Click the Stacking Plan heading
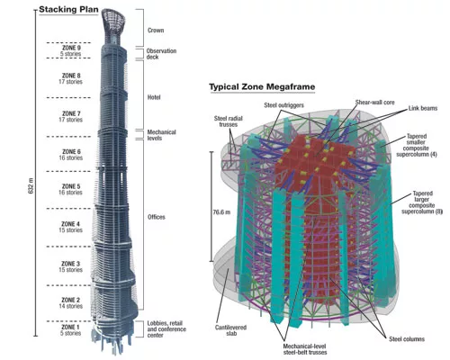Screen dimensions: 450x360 (68, 10)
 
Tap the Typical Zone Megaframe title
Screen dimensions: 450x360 (262, 87)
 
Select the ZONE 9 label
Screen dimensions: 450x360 (71, 48)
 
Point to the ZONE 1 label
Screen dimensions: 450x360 (71, 327)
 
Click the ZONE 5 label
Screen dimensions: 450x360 (71, 186)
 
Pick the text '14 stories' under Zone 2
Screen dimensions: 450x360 (71, 306)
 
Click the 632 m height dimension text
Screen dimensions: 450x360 (31, 185)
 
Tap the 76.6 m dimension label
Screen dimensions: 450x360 (221, 212)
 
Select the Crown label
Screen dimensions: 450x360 (156, 31)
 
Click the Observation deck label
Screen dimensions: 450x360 (161, 54)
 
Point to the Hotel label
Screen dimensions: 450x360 (154, 97)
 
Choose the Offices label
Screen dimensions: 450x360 (157, 217)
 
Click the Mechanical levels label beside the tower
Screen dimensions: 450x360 (161, 135)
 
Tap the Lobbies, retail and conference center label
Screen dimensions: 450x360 (166, 329)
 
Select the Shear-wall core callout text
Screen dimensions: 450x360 (375, 103)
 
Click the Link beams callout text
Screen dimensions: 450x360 (423, 108)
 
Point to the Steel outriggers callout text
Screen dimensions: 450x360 (284, 105)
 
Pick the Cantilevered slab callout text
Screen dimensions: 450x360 (230, 330)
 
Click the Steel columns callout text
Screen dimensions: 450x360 (407, 339)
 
